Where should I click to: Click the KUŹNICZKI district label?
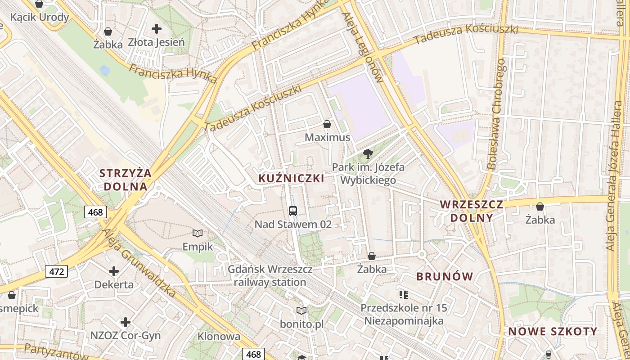point(291,178)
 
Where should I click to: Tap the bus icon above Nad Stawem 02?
point(292,211)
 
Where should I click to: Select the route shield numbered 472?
point(56,271)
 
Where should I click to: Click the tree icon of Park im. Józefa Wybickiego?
point(368,154)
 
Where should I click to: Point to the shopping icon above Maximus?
point(327,124)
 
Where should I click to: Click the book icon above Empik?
point(198,233)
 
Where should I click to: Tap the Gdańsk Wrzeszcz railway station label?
point(270,276)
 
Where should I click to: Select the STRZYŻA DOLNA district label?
point(125,180)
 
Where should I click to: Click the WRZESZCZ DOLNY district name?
point(471,211)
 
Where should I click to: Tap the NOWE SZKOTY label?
point(553,332)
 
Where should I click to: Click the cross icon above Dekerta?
point(114,271)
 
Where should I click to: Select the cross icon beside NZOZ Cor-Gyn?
point(126,322)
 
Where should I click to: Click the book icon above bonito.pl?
point(301,310)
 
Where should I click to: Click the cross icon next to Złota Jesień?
point(156,29)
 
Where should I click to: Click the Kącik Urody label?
point(40,17)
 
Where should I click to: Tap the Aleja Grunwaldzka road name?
point(138,263)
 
